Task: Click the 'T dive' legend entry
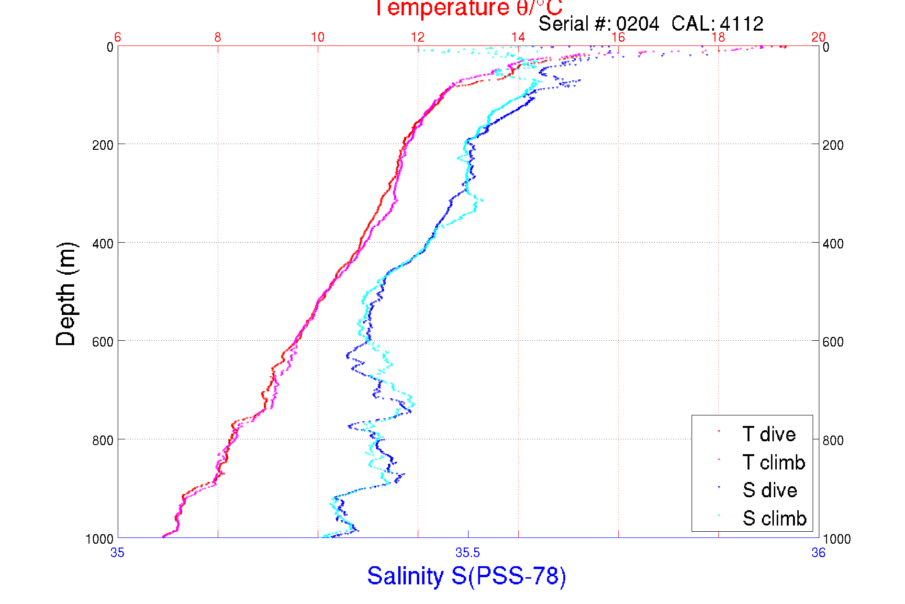769,434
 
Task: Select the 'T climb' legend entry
773,462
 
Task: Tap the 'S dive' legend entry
770,490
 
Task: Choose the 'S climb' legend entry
774,518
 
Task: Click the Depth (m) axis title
66,294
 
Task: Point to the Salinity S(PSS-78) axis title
467,576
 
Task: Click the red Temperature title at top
468,8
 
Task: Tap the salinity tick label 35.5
468,553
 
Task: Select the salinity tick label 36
818,553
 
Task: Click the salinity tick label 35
117,553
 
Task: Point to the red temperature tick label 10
317,37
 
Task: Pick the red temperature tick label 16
618,37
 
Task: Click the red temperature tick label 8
218,37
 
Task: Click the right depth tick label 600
833,342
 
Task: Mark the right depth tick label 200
833,145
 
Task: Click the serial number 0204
637,24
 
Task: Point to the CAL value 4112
741,24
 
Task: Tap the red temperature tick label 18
718,37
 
